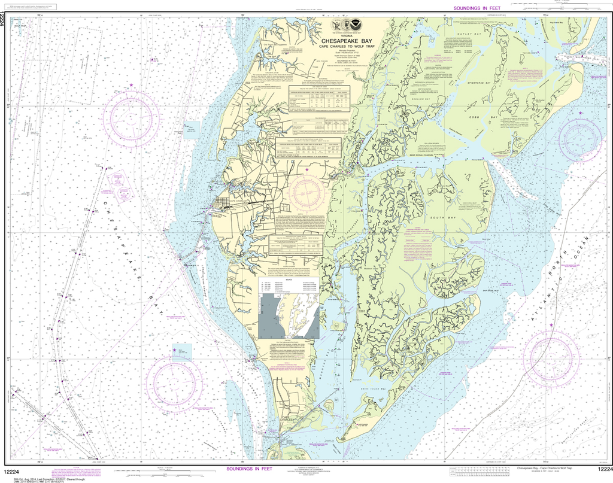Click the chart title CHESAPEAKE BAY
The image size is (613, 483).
[345, 41]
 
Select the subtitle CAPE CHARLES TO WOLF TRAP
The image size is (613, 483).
[345, 47]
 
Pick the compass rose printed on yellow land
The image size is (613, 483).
[306, 191]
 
